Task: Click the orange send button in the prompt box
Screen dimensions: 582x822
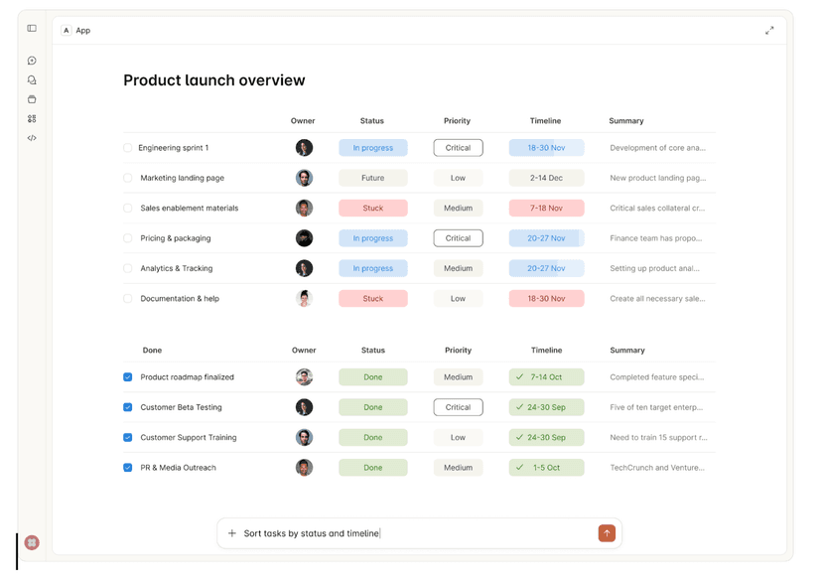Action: pyautogui.click(x=607, y=533)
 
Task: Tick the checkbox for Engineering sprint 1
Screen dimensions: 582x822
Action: pyautogui.click(x=127, y=148)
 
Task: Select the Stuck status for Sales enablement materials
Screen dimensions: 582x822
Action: pyautogui.click(x=372, y=209)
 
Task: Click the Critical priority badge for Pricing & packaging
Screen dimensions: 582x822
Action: pyautogui.click(x=458, y=238)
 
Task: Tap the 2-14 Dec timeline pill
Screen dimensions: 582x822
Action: pyautogui.click(x=546, y=178)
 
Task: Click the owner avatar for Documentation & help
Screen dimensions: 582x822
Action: pyautogui.click(x=304, y=298)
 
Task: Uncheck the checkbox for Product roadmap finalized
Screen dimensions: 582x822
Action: pyautogui.click(x=127, y=377)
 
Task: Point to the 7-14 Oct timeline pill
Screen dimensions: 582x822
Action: pyautogui.click(x=546, y=377)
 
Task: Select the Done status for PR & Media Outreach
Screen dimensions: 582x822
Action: pyautogui.click(x=372, y=468)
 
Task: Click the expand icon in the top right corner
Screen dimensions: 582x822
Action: pyautogui.click(x=769, y=31)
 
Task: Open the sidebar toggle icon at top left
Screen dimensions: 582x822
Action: pyautogui.click(x=32, y=29)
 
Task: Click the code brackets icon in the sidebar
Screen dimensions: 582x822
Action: pyautogui.click(x=32, y=138)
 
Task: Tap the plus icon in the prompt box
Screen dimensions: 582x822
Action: pyautogui.click(x=232, y=533)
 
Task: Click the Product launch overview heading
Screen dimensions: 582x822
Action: pyautogui.click(x=213, y=80)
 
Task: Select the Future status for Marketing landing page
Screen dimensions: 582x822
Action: pyautogui.click(x=372, y=178)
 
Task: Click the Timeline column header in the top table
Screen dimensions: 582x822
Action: pyautogui.click(x=545, y=121)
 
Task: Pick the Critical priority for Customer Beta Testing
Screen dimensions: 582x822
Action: pyautogui.click(x=458, y=407)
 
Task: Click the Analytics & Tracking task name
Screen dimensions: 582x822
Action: pyautogui.click(x=176, y=268)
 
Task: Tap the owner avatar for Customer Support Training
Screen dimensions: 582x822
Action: pyautogui.click(x=304, y=437)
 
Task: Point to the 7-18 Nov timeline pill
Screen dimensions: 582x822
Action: pyautogui.click(x=546, y=209)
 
